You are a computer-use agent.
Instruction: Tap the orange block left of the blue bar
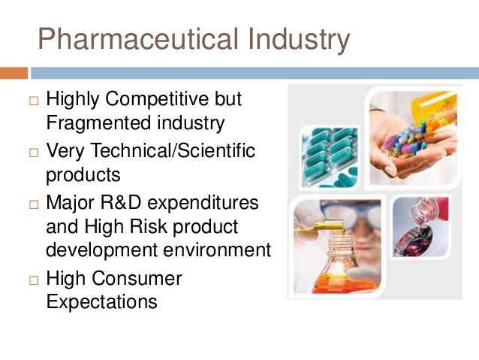click(14, 73)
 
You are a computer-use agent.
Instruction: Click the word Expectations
click(101, 302)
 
